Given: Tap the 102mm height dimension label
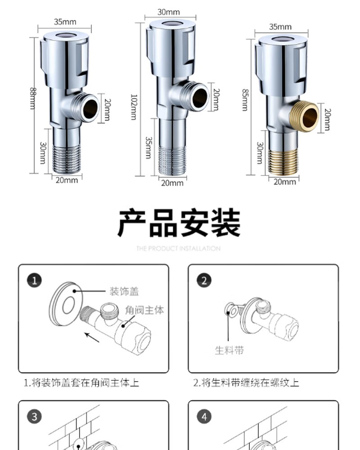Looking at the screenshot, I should [x=134, y=106].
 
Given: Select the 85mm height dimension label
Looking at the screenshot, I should [x=245, y=99].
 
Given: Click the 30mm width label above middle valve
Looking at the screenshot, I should [x=168, y=12].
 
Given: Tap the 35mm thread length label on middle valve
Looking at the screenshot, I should [x=148, y=147].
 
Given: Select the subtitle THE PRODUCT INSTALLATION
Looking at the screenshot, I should [x=179, y=248].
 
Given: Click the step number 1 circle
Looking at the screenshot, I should [x=35, y=281].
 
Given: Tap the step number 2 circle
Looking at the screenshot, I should [x=204, y=281].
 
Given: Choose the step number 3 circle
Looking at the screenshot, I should [x=35, y=417].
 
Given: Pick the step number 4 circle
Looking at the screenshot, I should [x=204, y=417].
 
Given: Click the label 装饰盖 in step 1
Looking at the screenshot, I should [x=124, y=292].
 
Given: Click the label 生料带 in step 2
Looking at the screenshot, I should [x=229, y=350].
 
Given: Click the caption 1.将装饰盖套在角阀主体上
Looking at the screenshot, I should [x=81, y=383].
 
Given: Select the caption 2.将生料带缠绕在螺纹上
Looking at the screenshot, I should [x=246, y=383].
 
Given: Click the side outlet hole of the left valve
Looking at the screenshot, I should [x=90, y=108].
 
